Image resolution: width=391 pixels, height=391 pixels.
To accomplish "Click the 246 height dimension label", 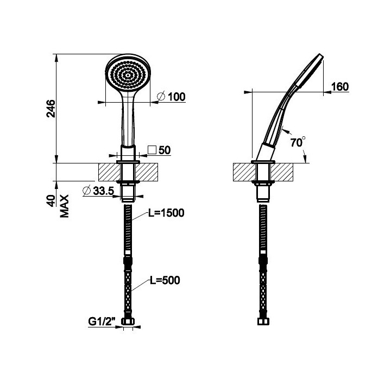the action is click(51, 109).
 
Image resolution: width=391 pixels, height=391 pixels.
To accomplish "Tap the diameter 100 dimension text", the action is click(172, 97).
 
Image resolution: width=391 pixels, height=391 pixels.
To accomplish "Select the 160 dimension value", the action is click(340, 86).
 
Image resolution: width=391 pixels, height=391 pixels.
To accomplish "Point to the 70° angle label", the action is click(298, 142).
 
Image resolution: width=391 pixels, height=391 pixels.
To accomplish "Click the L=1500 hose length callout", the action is click(166, 213).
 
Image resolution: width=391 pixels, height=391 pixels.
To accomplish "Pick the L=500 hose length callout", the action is click(165, 280).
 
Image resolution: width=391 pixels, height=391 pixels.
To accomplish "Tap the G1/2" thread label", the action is click(102, 321).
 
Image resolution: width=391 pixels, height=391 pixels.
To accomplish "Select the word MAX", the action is click(65, 206).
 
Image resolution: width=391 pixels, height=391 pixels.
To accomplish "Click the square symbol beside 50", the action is click(152, 150).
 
